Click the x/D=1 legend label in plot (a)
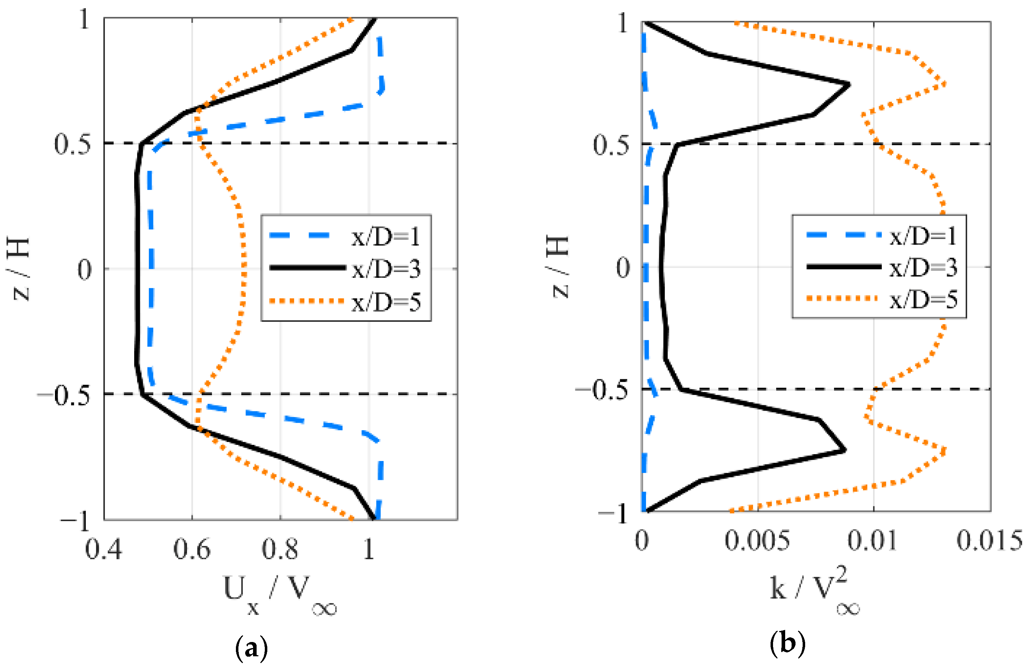pyautogui.click(x=385, y=236)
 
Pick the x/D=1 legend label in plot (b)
pyautogui.click(x=923, y=236)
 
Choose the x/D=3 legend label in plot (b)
pyautogui.click(x=923, y=267)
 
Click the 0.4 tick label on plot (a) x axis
pyautogui.click(x=103, y=550)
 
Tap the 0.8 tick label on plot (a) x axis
pyautogui.click(x=280, y=550)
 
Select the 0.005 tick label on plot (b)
pyautogui.click(x=757, y=541)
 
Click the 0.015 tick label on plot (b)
pyautogui.click(x=990, y=541)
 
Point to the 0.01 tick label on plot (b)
pyautogui.click(x=873, y=541)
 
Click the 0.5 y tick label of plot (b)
pyautogui.click(x=611, y=145)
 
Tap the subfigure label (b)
pyautogui.click(x=787, y=644)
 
